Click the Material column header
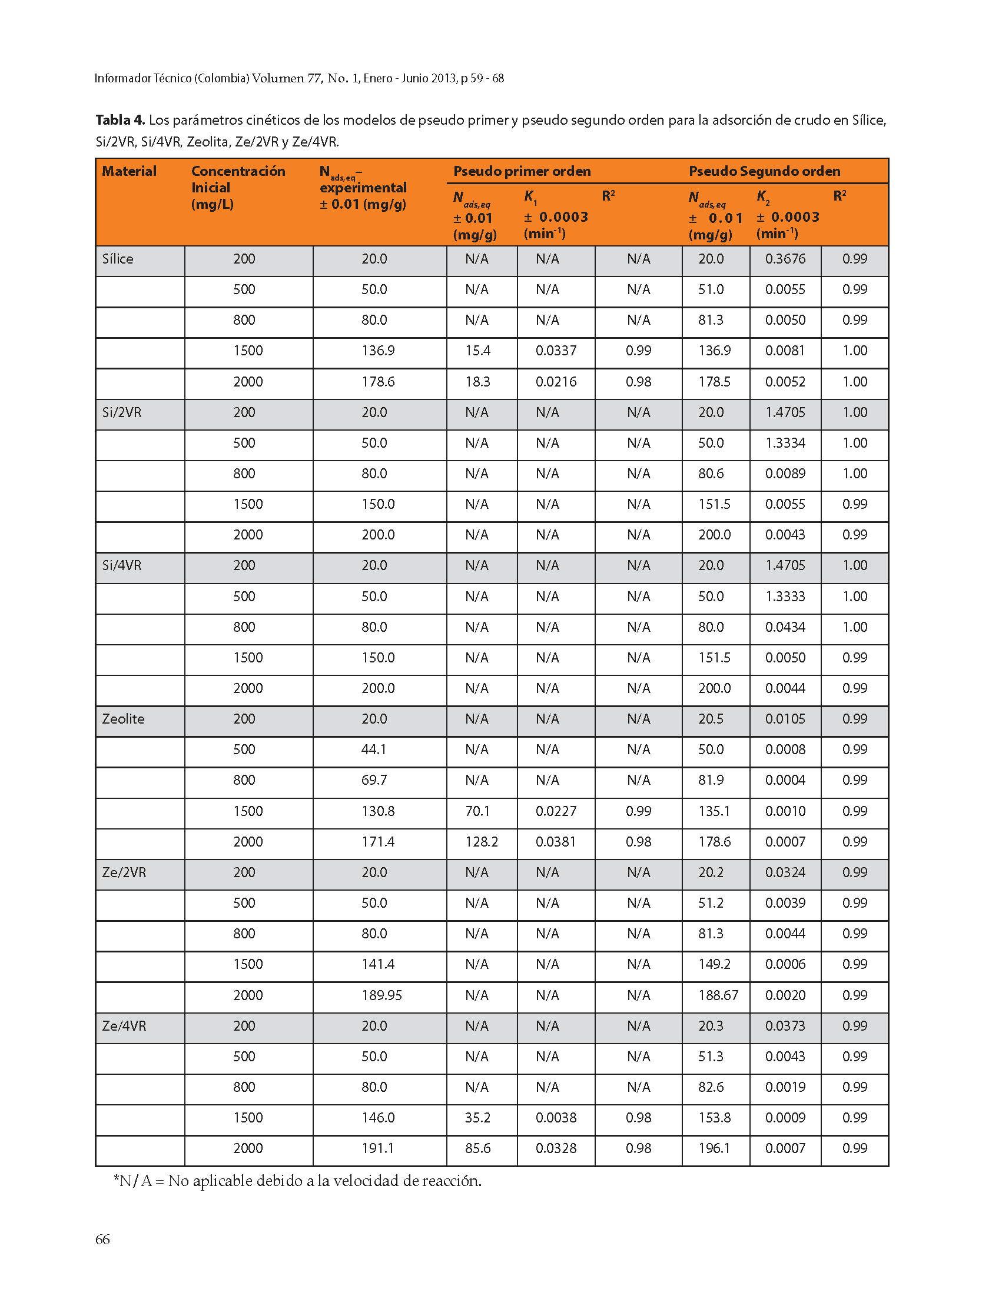[129, 171]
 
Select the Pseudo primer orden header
[522, 171]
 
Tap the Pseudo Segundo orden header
[764, 171]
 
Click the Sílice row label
[118, 259]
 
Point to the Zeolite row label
[123, 719]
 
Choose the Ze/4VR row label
[124, 1026]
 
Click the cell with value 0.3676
[785, 259]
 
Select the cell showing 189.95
[381, 995]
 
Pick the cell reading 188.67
[718, 995]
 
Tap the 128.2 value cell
[482, 842]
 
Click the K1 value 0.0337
[556, 351]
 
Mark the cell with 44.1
[374, 749]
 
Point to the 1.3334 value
[785, 443]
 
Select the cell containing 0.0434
[785, 627]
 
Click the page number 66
[102, 1240]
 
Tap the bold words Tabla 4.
[120, 120]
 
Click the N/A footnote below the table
[297, 1181]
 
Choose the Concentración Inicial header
[238, 187]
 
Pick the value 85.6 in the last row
[477, 1148]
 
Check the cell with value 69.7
[374, 779]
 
